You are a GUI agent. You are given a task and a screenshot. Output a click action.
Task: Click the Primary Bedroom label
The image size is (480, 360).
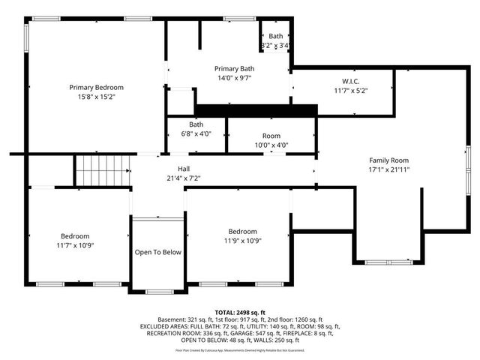[96, 87]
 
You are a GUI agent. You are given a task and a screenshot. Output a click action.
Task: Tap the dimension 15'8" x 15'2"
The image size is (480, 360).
[96, 97]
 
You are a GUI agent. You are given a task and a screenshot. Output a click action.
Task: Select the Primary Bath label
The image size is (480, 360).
[234, 68]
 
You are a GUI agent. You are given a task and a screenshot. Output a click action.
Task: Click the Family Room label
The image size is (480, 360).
[388, 160]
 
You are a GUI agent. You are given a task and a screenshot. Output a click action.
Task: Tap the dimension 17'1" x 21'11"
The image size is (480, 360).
[388, 169]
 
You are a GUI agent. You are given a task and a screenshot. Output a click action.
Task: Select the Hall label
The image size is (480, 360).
[183, 169]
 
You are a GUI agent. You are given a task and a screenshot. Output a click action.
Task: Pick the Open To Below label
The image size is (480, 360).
[158, 252]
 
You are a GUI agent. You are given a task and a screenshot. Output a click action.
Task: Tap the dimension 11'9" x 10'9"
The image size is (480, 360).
[243, 241]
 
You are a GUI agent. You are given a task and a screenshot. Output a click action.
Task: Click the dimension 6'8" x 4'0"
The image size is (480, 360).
[196, 133]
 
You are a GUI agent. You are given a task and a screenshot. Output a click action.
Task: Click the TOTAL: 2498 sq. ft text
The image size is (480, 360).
[239, 311]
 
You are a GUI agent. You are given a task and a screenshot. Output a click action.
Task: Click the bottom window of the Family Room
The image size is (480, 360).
[388, 261]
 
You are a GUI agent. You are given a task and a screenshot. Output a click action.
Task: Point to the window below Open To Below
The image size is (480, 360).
[157, 291]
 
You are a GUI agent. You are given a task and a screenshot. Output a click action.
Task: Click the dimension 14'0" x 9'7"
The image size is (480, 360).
[234, 77]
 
